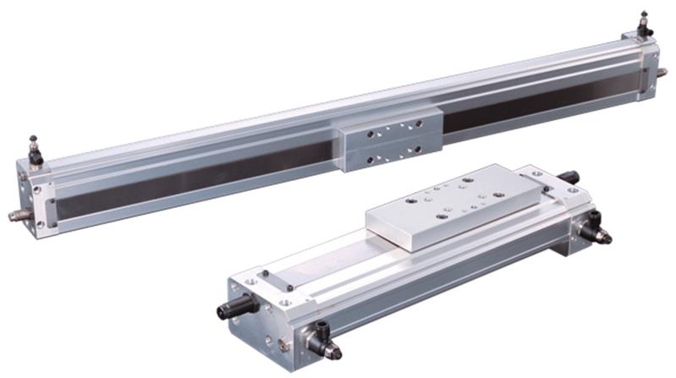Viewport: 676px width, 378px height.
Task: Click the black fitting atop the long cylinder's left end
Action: click(35, 151)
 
